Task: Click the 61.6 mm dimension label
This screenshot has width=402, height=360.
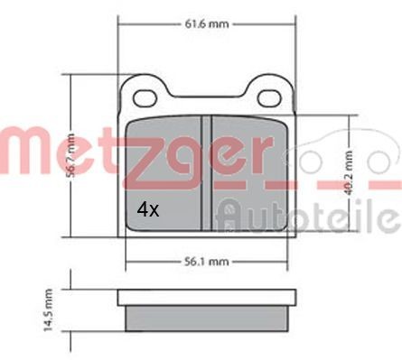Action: (206, 24)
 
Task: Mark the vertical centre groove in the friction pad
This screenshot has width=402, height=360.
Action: (207, 171)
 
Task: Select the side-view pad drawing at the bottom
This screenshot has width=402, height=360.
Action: (207, 312)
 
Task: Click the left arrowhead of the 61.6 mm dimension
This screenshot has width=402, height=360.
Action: (121, 24)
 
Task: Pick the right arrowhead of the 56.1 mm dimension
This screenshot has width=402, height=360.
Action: (291, 263)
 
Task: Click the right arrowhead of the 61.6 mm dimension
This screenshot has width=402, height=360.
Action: (294, 24)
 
